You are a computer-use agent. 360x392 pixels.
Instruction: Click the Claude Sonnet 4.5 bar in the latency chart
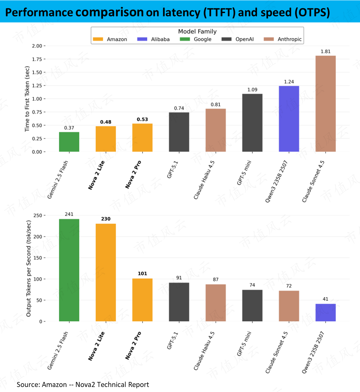click(326, 104)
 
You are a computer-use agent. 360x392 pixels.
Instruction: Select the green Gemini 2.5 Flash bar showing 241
click(69, 270)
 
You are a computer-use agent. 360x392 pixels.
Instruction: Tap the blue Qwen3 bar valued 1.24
click(289, 119)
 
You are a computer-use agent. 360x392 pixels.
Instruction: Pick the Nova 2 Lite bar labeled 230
click(106, 273)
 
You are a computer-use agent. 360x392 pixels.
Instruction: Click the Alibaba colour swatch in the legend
click(142, 39)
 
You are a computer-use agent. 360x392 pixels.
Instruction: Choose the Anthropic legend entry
click(283, 39)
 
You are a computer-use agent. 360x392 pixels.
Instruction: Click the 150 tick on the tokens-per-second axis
click(38, 258)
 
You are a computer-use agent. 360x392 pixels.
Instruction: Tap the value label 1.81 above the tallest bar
click(326, 52)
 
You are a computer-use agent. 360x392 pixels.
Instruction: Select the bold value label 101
click(143, 274)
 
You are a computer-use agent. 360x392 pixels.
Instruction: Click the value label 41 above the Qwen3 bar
click(326, 299)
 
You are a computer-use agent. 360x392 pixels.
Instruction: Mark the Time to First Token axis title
click(27, 99)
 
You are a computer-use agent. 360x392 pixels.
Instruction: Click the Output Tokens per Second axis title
click(28, 269)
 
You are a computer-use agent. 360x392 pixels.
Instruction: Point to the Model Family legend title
click(197, 31)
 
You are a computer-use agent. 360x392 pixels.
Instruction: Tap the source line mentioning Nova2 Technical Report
click(83, 385)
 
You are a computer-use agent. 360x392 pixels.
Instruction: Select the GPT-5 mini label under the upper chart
click(244, 173)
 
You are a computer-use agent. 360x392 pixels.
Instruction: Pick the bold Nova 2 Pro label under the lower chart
click(133, 346)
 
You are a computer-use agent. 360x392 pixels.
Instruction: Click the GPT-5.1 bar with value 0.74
click(179, 132)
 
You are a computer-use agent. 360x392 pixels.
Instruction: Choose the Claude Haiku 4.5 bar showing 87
click(216, 303)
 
